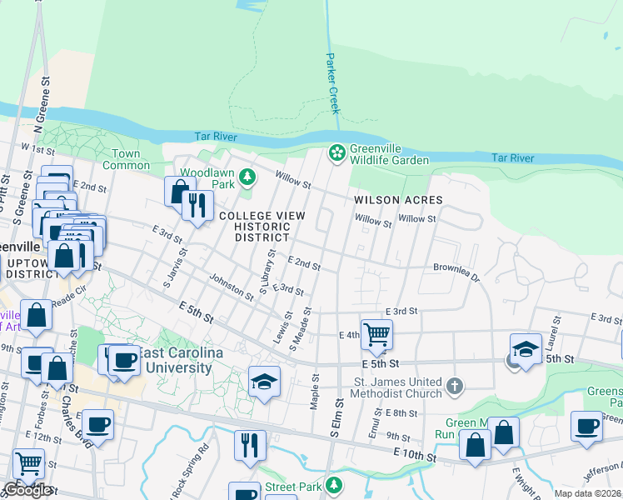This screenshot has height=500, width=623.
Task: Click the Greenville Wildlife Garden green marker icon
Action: [337, 152]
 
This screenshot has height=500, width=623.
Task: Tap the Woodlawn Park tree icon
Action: [247, 177]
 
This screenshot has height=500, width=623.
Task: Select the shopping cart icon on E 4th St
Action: [376, 334]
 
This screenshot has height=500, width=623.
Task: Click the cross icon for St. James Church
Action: [454, 385]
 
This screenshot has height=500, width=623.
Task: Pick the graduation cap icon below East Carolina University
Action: [265, 381]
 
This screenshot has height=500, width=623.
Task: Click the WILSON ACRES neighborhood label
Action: [397, 200]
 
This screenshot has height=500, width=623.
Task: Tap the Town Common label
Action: [127, 159]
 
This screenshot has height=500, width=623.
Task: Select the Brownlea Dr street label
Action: [456, 272]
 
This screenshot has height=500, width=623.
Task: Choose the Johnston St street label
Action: [231, 287]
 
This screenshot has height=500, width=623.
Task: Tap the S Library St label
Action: [267, 271]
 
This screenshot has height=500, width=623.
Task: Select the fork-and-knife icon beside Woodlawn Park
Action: [197, 205]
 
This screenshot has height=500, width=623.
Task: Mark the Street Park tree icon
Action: [334, 485]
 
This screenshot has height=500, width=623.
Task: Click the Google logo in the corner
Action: [27, 491]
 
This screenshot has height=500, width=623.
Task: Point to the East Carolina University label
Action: [181, 360]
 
